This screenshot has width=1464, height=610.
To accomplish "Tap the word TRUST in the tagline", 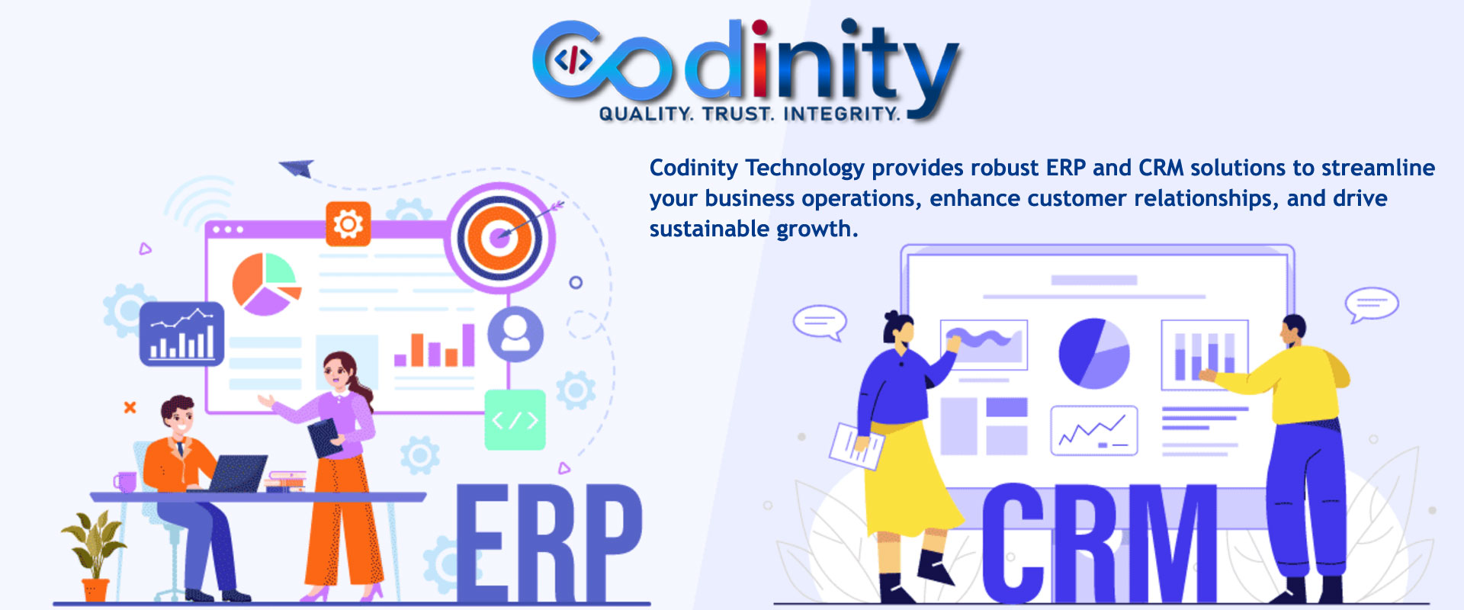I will pyautogui.click(x=737, y=114).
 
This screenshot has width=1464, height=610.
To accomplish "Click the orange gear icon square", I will pyautogui.click(x=348, y=224).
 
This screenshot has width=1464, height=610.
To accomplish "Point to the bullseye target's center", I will pyautogui.click(x=499, y=237).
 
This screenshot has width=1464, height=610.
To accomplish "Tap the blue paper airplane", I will pyautogui.click(x=297, y=168).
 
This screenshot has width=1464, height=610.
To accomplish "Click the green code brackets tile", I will pyautogui.click(x=515, y=419).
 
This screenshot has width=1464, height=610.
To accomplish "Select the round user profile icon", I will pyautogui.click(x=515, y=334).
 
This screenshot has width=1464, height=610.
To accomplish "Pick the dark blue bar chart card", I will pyautogui.click(x=181, y=334).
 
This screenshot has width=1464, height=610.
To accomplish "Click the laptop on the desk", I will pyautogui.click(x=238, y=473).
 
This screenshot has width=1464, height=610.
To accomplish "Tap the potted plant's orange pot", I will pyautogui.click(x=95, y=590).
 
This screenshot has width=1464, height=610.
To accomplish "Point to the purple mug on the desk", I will pyautogui.click(x=125, y=482).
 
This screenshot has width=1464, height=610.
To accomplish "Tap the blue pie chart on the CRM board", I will pyautogui.click(x=1093, y=353).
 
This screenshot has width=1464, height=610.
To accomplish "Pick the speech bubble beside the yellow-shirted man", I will pyautogui.click(x=1371, y=304).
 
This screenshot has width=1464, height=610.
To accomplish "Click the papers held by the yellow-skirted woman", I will pyautogui.click(x=856, y=445).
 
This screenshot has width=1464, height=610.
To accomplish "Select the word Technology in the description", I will pyautogui.click(x=804, y=168).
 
